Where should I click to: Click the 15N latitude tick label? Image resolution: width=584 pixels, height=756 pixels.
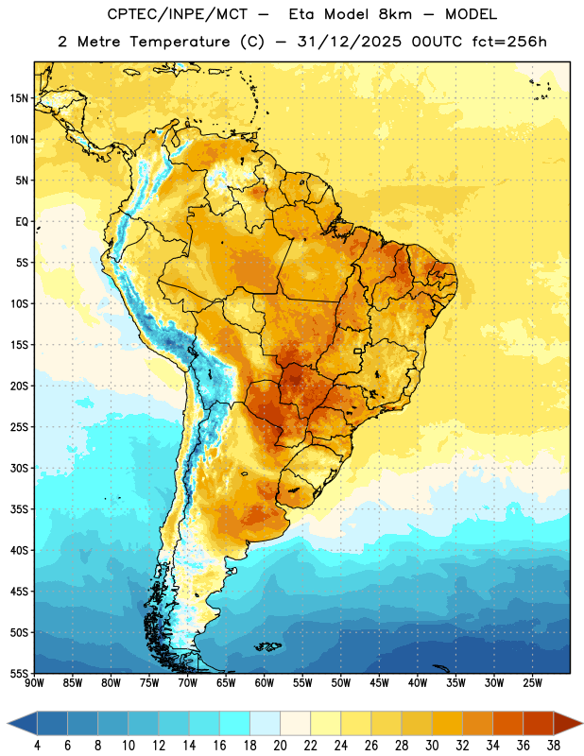coord(19,98)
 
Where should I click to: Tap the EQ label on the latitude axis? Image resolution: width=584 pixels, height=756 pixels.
coord(22,222)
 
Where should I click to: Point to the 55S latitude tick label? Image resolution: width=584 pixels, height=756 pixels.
coord(19,673)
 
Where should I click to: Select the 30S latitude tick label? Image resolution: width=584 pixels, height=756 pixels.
coord(19,468)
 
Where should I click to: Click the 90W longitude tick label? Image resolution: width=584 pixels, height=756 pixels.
coord(34,683)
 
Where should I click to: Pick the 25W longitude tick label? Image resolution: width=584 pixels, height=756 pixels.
coord(532,683)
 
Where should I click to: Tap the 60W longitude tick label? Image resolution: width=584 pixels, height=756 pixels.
coord(265,683)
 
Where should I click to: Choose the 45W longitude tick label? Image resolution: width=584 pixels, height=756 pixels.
coord(379,683)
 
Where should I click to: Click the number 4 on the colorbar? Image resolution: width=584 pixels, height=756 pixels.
coord(37,746)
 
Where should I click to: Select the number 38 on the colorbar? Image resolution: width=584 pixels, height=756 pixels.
coord(554,746)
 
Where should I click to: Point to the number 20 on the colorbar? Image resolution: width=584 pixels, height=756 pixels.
coord(280,746)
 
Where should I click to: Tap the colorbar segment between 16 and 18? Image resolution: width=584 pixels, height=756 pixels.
coord(234,723)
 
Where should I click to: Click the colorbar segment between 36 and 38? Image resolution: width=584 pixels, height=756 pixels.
coord(539,723)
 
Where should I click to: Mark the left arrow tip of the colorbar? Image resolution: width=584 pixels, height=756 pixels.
coord(8,723)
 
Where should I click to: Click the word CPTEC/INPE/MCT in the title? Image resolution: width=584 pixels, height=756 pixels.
coord(177,14)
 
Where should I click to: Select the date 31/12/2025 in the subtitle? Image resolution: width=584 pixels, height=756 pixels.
coord(349,42)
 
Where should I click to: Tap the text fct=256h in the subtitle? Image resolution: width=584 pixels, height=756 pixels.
coord(509,42)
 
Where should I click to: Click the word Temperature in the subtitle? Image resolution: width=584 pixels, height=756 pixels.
coord(180,43)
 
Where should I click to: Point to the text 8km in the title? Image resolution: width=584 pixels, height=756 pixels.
coord(395,14)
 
